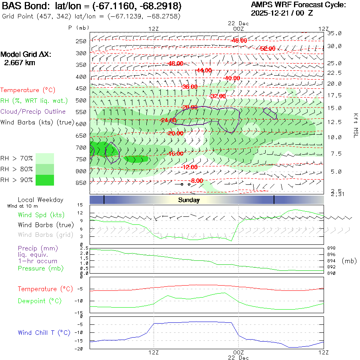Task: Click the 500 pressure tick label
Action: click(81, 100)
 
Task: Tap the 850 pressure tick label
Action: click(81, 183)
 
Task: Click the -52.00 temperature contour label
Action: click(267, 48)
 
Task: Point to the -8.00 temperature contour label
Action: click(197, 181)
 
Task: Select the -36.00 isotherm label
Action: click(190, 86)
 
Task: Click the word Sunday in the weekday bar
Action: click(188, 200)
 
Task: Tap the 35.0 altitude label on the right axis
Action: click(334, 33)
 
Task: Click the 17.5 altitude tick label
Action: click(334, 95)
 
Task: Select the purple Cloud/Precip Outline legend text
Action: click(33, 112)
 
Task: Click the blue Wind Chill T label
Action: click(44, 333)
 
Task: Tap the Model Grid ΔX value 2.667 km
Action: click(20, 63)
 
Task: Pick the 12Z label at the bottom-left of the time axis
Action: click(154, 352)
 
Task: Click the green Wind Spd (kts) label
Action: click(42, 215)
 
